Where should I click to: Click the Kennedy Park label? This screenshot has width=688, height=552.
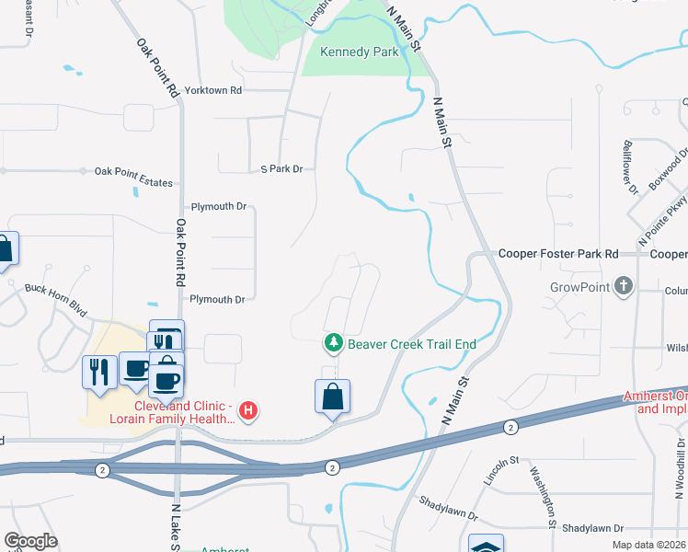pyautogui.click(x=359, y=52)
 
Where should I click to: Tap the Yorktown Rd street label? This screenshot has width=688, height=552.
pyautogui.click(x=212, y=90)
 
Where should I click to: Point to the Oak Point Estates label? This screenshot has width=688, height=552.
pyautogui.click(x=133, y=183)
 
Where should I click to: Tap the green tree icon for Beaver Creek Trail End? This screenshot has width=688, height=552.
pyautogui.click(x=332, y=344)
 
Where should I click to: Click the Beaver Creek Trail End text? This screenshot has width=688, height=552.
pyautogui.click(x=411, y=344)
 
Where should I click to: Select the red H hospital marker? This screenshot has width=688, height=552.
pyautogui.click(x=247, y=409)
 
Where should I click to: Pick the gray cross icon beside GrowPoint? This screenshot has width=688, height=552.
pyautogui.click(x=625, y=286)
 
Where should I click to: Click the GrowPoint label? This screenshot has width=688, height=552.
pyautogui.click(x=579, y=287)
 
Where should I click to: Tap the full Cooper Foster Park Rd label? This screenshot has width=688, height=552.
pyautogui.click(x=558, y=254)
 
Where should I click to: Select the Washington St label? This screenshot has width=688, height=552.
pyautogui.click(x=543, y=497)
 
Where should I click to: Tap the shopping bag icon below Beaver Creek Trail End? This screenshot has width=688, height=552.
pyautogui.click(x=332, y=397)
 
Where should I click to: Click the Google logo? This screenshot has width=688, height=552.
pyautogui.click(x=30, y=541)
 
